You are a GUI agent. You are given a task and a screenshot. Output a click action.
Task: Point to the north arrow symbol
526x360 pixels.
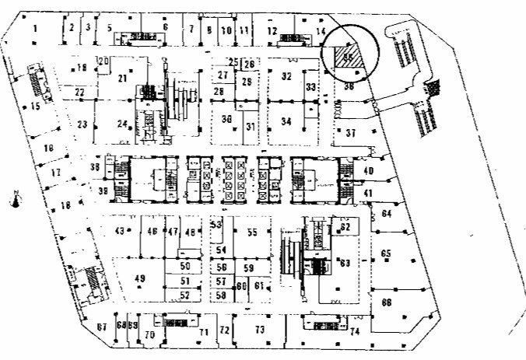[16, 200]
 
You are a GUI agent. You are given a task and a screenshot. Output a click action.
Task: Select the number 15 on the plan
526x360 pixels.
[35, 107]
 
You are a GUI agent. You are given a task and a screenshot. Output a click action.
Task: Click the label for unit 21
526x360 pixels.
[122, 79]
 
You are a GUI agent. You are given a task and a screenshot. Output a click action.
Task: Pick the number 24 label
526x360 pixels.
[122, 124]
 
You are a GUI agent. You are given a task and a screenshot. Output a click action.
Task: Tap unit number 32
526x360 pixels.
[286, 76]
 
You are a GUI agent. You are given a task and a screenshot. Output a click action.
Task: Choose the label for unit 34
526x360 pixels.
[286, 121]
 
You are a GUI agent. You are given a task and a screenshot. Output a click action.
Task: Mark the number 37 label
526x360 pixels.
[351, 132]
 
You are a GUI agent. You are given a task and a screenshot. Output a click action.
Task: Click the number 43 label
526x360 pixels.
[120, 231]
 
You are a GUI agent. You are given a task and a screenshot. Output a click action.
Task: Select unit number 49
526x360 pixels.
[140, 278]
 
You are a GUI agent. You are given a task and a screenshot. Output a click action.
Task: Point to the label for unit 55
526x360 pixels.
[252, 232]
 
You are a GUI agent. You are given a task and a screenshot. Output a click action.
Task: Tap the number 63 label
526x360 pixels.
[345, 264]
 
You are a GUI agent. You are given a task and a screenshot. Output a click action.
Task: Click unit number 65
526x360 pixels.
[386, 254]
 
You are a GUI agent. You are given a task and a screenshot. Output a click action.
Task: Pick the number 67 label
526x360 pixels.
[101, 327]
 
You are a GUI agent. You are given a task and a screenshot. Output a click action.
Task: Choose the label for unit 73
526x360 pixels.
[260, 330]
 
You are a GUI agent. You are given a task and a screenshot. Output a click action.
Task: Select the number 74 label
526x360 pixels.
[355, 332]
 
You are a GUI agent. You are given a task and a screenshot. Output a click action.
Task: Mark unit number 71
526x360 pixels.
[204, 333]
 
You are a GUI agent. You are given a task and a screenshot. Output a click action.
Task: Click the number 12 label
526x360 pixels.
[272, 30]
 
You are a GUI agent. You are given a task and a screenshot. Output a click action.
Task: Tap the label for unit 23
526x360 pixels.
[82, 124]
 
